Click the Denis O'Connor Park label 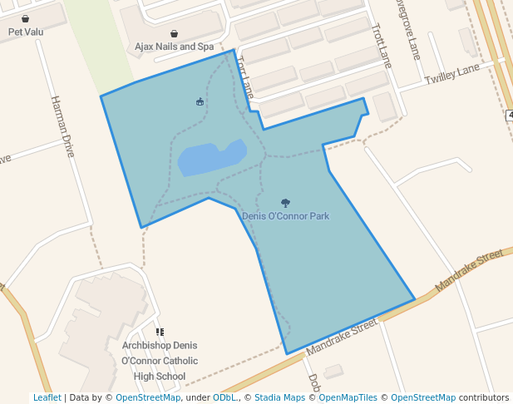(x=285, y=216)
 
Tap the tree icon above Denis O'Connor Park (x=285, y=203)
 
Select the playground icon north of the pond (x=200, y=102)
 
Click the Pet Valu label (x=26, y=32)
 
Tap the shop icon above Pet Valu (x=26, y=18)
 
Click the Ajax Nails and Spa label (x=174, y=47)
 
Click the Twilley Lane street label (x=452, y=77)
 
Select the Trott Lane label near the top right (x=383, y=47)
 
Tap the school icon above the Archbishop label (x=160, y=333)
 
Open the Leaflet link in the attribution (x=47, y=397)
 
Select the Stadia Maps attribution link (x=279, y=397)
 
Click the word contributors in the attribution (x=483, y=397)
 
